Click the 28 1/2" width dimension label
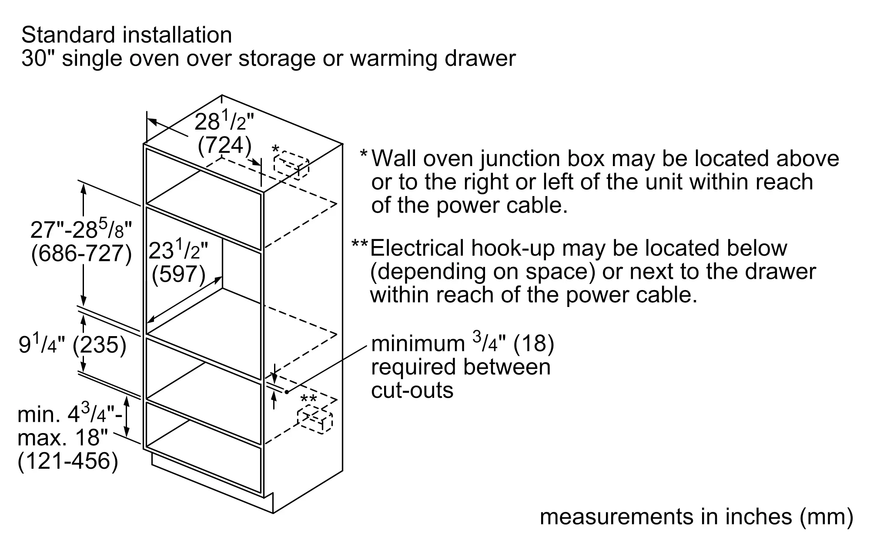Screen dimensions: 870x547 pos(224,122)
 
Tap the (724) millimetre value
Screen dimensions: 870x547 pos(224,145)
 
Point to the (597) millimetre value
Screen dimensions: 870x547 pos(178,274)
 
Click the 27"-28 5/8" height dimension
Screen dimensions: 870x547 pos(81,228)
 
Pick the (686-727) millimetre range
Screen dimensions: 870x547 pos(81,253)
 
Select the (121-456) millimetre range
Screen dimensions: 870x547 pos(68,461)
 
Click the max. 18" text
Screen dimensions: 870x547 pos(63,437)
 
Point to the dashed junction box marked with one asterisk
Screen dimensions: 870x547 pos(291,164)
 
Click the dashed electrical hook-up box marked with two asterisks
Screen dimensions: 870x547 pos(315,420)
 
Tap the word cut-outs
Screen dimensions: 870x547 pos(412,390)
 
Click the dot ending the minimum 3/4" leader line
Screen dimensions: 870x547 pos(287,392)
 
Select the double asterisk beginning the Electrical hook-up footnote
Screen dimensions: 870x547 pos(360,244)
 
